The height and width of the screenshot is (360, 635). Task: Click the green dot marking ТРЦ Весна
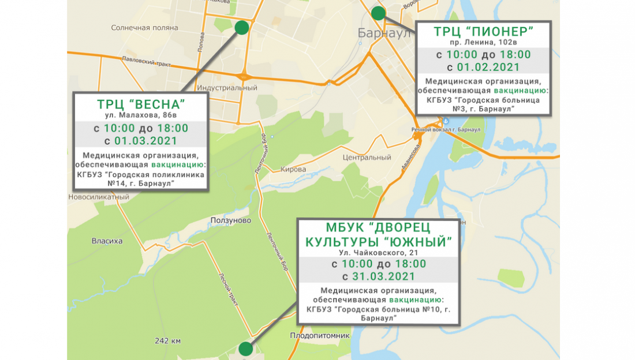coord(242,27)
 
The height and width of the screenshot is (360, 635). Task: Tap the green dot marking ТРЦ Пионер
coord(378,13)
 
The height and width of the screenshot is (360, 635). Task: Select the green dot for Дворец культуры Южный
coord(246,348)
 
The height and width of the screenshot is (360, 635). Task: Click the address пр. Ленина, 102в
coord(483,43)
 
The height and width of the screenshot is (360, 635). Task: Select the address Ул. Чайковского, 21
coord(378,252)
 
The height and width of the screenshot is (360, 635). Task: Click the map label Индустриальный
coord(227,88)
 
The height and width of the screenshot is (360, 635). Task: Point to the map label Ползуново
coord(229,220)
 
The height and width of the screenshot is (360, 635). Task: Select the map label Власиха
coord(107,241)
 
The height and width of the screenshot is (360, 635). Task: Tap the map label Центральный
coord(367,157)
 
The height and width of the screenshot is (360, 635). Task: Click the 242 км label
coord(167,340)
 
